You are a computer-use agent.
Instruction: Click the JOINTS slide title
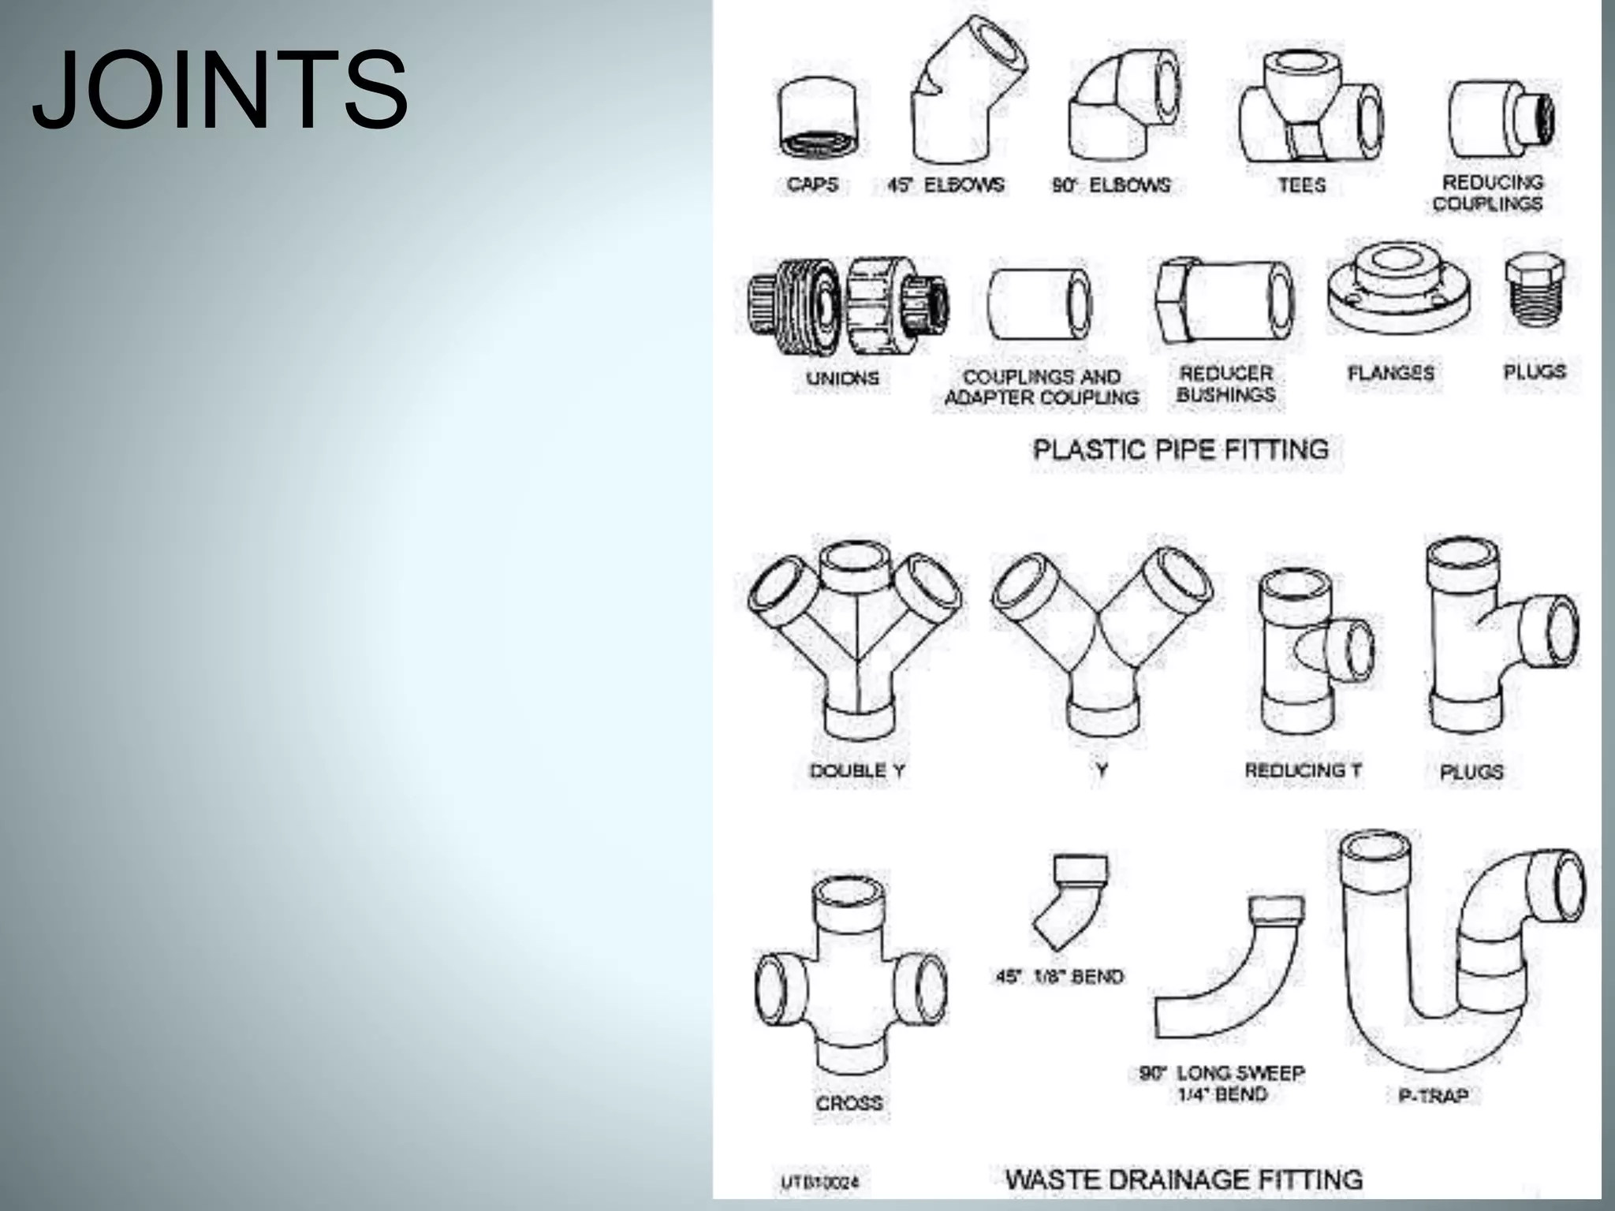(220, 91)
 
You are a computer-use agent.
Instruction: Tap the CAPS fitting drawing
(818, 118)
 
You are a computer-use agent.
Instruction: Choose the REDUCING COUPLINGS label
(1489, 193)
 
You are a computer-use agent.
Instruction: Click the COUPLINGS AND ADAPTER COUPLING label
(1042, 388)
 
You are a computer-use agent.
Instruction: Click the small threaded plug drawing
(1534, 292)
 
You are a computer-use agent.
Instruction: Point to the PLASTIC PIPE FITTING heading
(1180, 449)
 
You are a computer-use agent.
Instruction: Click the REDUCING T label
(1303, 770)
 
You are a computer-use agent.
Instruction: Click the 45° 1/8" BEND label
(1059, 977)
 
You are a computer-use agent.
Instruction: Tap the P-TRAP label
(1433, 1095)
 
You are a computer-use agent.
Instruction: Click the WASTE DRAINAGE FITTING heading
(1184, 1179)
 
